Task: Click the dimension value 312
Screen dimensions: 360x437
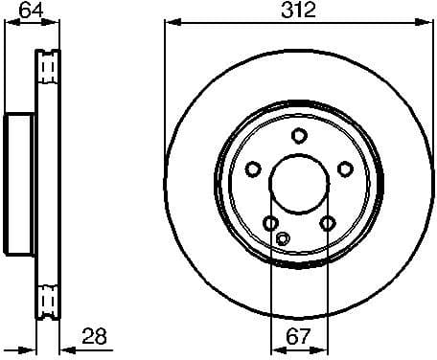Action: pos(298,11)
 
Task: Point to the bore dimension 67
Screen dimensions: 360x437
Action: pos(298,335)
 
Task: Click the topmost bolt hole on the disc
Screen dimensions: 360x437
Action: pos(298,136)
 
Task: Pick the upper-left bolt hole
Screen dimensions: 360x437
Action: pos(253,169)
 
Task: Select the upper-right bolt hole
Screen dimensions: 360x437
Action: pos(343,169)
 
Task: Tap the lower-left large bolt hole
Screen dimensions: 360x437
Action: pos(270,223)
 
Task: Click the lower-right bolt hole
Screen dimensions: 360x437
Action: pos(327,223)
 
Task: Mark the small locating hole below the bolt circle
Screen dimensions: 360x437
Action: pos(281,238)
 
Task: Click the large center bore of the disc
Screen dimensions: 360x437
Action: pos(298,184)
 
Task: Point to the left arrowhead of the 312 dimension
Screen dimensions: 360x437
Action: pos(170,24)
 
